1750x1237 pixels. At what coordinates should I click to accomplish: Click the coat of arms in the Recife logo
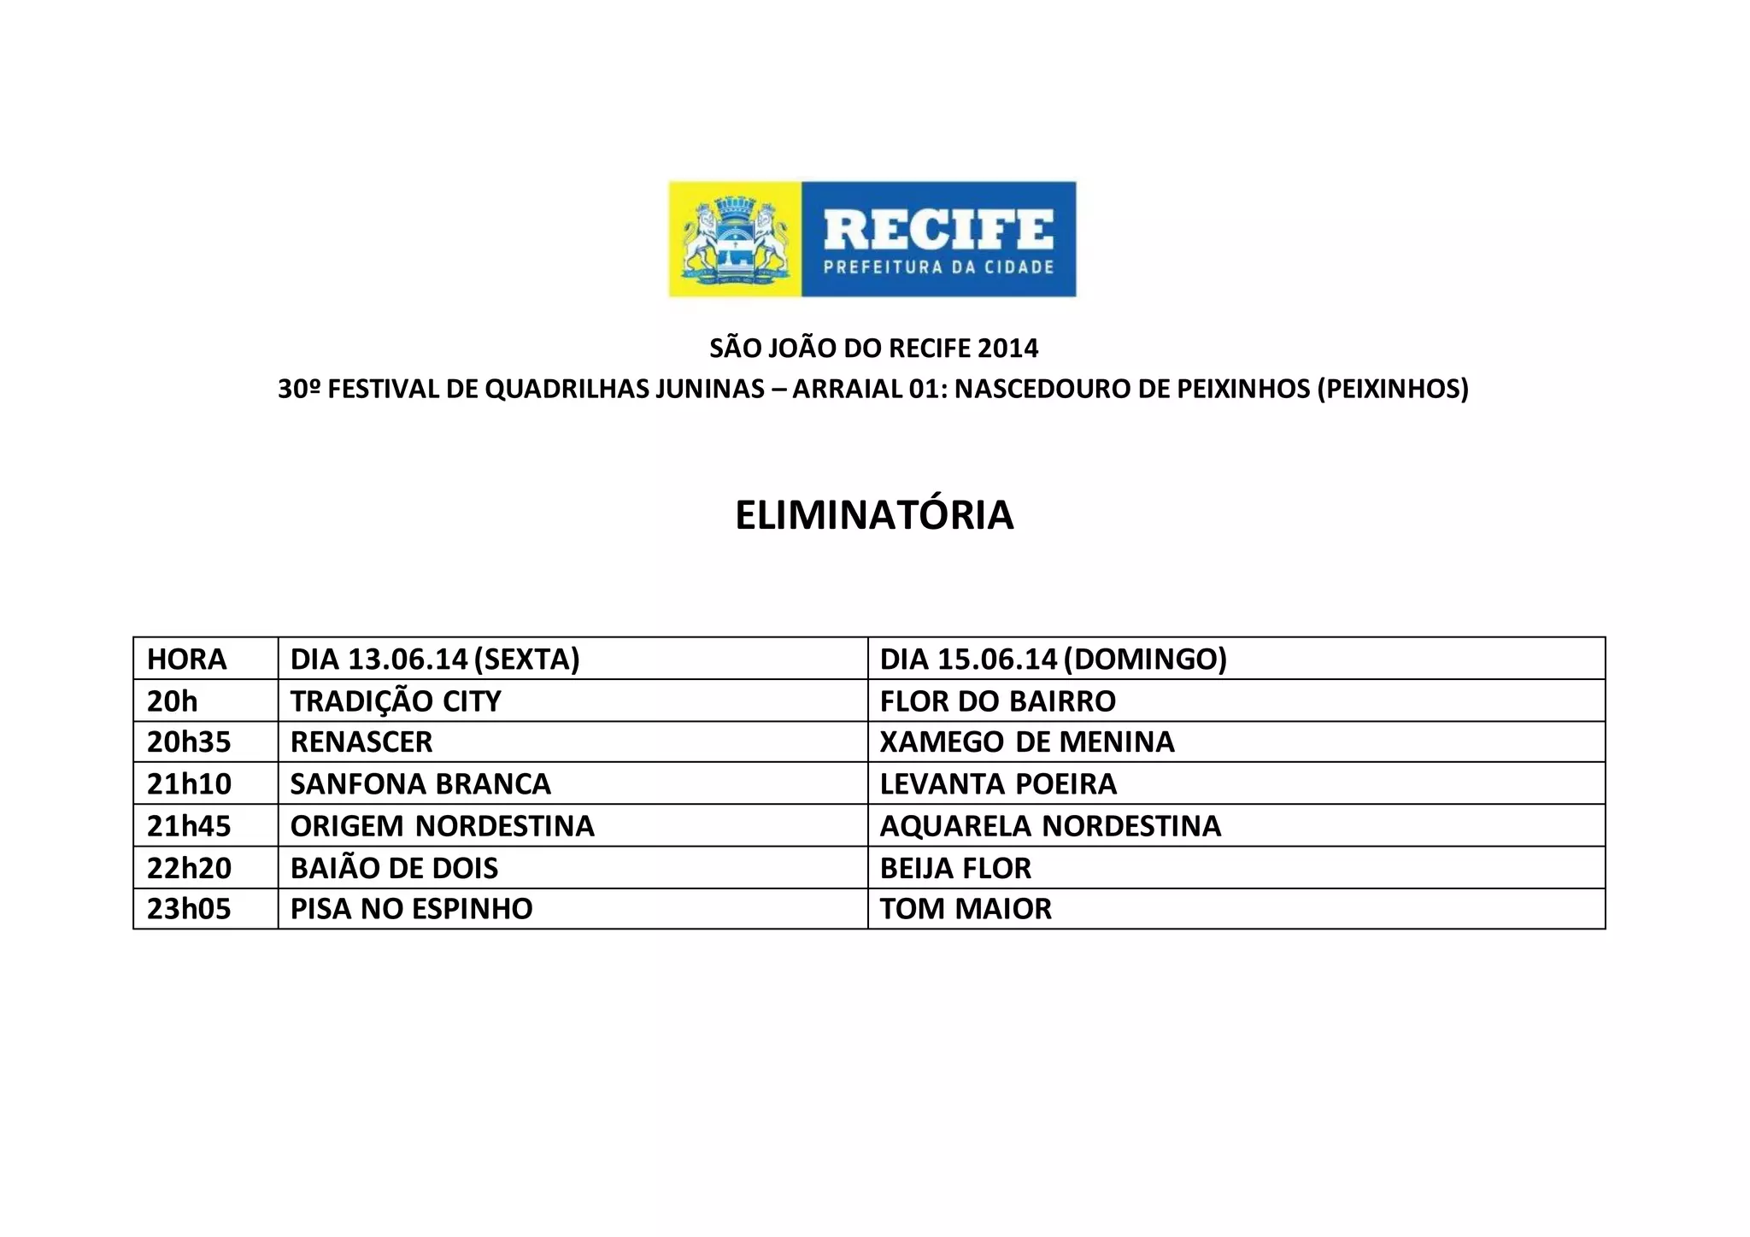735,239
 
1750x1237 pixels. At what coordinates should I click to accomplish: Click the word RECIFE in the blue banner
937,229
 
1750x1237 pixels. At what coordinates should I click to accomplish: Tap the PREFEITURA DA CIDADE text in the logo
938,267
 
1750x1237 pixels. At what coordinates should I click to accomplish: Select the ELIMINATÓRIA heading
874,515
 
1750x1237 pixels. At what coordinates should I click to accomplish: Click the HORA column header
187,659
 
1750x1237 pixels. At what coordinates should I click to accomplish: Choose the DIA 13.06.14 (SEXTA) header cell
435,659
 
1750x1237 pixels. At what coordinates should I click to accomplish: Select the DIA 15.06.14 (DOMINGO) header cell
1053,659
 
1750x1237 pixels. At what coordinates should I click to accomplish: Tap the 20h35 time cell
189,742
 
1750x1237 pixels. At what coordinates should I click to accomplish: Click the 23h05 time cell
189,908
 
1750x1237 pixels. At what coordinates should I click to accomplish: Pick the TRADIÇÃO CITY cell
396,701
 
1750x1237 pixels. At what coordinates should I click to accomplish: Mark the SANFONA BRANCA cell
420,783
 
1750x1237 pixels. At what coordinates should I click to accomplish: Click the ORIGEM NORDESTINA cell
442,825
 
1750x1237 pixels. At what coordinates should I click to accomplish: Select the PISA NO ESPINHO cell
411,908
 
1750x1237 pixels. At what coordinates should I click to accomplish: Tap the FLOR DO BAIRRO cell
997,701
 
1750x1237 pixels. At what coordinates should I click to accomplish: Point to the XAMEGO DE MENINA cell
1027,742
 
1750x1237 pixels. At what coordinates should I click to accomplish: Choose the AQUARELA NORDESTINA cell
1050,825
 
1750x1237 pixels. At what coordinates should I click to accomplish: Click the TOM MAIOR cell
966,908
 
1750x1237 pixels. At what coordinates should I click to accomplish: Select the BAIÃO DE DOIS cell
394,868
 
